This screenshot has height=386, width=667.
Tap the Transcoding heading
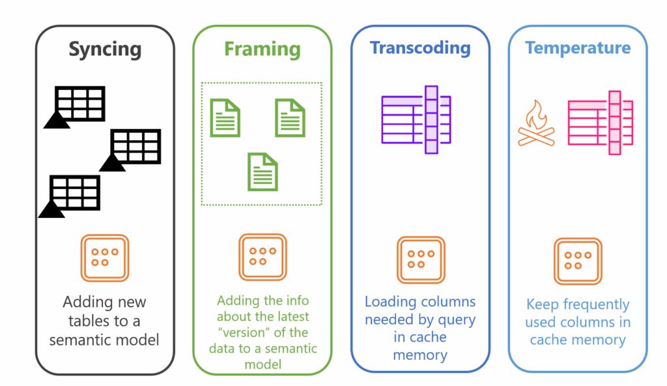click(x=420, y=48)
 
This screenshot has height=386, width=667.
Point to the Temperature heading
click(x=578, y=48)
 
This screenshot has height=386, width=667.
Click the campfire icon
click(x=535, y=123)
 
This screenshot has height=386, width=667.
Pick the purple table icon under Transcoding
click(x=416, y=119)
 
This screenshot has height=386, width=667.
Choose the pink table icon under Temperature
click(x=601, y=123)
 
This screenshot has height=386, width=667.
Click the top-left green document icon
click(x=225, y=117)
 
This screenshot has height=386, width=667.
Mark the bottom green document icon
click(x=263, y=171)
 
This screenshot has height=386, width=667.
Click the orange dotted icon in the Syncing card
click(x=104, y=258)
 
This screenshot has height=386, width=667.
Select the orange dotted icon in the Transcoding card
click(x=420, y=260)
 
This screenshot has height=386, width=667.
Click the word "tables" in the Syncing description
click(x=87, y=321)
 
